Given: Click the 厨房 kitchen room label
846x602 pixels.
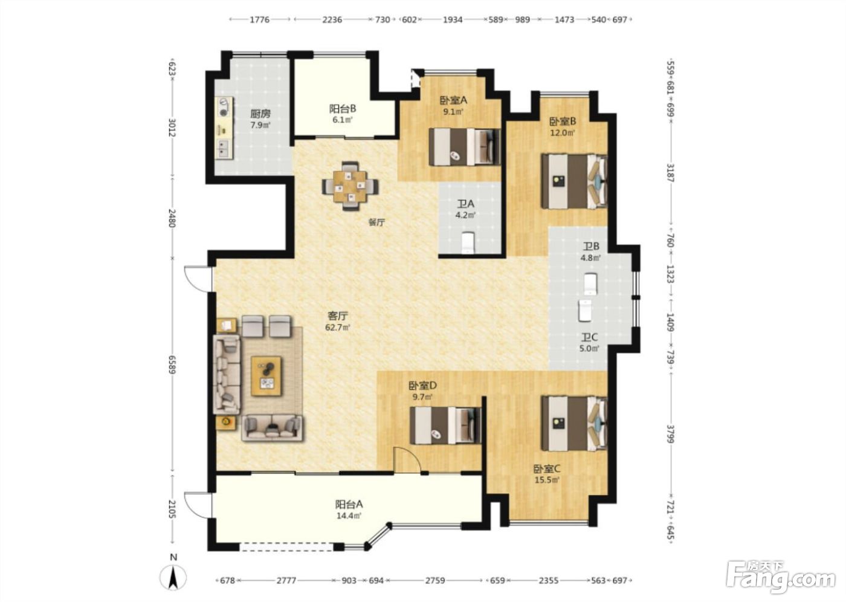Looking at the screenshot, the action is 260,113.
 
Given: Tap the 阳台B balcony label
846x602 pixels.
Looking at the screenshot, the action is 343,109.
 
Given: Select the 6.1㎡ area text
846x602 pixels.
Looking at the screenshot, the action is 343,120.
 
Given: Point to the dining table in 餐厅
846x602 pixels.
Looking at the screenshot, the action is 350,186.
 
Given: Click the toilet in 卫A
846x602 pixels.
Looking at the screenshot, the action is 468,242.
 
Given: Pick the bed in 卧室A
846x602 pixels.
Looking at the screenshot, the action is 465,147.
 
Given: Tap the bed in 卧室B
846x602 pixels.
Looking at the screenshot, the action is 574,181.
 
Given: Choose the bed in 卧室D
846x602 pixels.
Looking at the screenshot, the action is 446,426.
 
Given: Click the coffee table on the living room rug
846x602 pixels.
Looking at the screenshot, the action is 266,376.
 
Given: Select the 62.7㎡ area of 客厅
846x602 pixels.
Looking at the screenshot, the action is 338,328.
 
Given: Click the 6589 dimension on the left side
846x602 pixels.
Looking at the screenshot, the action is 172,365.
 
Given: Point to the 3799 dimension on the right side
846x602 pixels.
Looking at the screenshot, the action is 670,433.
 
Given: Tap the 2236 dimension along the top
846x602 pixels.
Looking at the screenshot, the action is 332,19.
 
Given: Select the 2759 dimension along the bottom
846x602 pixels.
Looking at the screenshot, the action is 435,580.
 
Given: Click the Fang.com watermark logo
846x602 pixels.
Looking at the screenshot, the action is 780,580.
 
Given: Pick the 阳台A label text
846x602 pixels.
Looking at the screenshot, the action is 349,504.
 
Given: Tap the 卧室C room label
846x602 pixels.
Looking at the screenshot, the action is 546,469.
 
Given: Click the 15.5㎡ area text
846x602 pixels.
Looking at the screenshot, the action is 547,481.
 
